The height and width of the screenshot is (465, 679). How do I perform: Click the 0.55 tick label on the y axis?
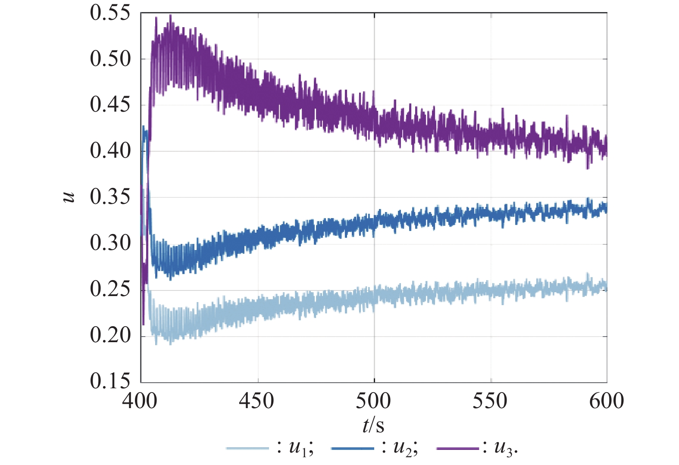(x=110, y=13)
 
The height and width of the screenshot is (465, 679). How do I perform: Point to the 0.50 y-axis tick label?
(x=110, y=59)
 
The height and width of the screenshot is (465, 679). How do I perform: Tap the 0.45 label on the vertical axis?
(x=110, y=105)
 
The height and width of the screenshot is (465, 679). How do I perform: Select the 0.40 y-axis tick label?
(x=110, y=151)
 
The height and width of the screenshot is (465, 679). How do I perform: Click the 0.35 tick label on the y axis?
(x=110, y=197)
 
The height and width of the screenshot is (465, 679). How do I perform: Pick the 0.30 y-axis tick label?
(x=110, y=243)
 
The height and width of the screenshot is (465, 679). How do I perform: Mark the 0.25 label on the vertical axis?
(x=110, y=290)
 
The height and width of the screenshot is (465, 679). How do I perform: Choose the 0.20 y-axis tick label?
(x=110, y=336)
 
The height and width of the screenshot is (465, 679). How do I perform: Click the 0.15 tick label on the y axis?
(x=110, y=381)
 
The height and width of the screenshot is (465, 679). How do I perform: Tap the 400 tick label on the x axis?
(x=140, y=401)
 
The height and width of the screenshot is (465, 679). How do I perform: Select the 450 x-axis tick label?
(x=257, y=401)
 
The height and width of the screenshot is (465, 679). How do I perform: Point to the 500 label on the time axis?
(x=373, y=401)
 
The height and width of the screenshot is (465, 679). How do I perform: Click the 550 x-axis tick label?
(x=490, y=401)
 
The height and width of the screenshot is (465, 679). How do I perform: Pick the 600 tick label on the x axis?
(x=607, y=401)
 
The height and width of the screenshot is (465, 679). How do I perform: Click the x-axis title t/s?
(x=373, y=426)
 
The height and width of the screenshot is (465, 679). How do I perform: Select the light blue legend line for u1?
(x=247, y=449)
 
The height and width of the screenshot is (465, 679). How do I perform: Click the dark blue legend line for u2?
(x=352, y=449)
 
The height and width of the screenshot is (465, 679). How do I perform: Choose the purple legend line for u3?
(x=457, y=449)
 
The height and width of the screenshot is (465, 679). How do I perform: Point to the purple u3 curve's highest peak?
(x=171, y=16)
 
